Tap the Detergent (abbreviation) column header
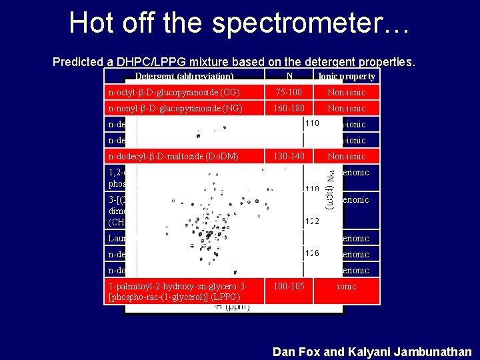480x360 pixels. (x=184, y=76)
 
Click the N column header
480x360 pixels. (x=288, y=76)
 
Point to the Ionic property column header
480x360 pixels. (x=347, y=76)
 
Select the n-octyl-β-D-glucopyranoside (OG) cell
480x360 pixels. (x=174, y=92)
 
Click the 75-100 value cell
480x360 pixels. (x=289, y=92)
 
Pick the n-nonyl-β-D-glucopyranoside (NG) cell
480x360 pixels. (x=175, y=108)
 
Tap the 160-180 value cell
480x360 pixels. (x=289, y=108)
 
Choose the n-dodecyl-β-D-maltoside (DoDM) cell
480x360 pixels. (x=173, y=156)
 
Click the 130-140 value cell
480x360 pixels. (x=289, y=156)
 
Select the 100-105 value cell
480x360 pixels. (x=289, y=286)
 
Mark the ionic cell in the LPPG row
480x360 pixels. (x=346, y=286)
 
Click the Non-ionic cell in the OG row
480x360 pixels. (x=346, y=92)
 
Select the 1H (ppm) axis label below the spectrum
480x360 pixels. (x=231, y=307)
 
